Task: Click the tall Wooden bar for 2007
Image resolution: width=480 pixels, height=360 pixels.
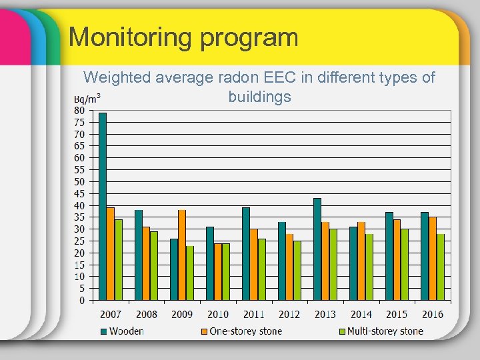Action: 103,206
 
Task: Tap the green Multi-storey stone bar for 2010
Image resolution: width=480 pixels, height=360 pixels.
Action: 226,271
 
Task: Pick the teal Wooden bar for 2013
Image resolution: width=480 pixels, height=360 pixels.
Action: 317,249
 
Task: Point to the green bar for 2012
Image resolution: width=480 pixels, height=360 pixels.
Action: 297,270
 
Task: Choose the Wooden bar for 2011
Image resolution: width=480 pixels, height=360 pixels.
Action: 246,253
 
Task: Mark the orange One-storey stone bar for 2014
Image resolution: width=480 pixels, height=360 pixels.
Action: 361,261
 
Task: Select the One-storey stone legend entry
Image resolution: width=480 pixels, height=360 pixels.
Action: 241,331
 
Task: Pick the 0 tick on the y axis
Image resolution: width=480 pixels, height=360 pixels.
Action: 81,300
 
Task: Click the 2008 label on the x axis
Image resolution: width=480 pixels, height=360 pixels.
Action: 146,314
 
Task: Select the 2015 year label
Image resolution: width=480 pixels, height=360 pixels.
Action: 397,314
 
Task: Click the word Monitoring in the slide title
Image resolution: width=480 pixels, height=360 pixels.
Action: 127,37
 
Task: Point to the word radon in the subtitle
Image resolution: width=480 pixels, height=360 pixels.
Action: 237,77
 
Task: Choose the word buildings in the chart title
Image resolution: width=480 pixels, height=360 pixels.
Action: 259,97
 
